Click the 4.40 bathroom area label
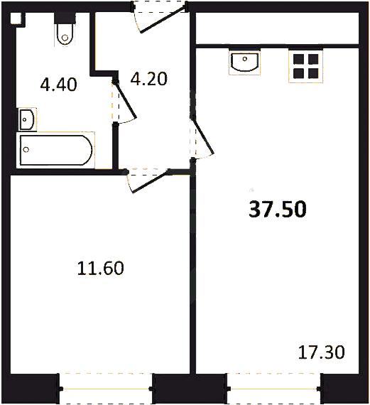coord(59,85)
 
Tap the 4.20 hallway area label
coord(149,79)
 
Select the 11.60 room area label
coord(101,268)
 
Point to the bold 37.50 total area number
coord(278,209)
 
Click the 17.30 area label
coord(322,352)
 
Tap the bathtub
coord(56,150)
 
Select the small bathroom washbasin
coord(26,119)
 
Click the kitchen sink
coord(244,62)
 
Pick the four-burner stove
coord(305,66)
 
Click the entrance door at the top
coord(160,18)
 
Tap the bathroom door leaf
coord(125,99)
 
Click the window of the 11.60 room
coord(106,389)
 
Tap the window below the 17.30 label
coord(274,389)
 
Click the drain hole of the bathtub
coord(26,149)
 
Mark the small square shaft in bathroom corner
coord(16,18)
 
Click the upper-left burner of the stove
coord(298,59)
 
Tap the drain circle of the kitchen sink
coord(244,59)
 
